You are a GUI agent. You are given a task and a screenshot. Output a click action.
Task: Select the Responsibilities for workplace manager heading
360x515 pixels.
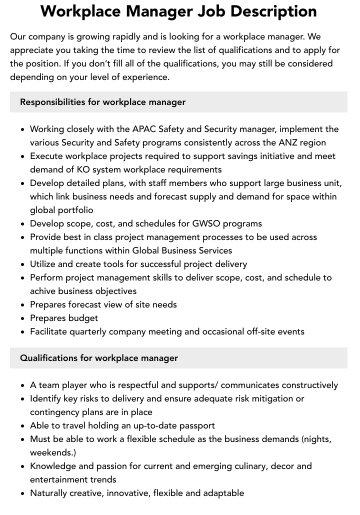[102, 102]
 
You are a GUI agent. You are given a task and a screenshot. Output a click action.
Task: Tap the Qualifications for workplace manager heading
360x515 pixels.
[99, 358]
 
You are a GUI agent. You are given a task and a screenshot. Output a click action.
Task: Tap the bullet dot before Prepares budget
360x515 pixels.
[23, 318]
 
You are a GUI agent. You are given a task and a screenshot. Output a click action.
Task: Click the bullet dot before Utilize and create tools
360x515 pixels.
[23, 264]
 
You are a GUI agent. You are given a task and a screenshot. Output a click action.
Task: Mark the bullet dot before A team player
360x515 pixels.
[23, 385]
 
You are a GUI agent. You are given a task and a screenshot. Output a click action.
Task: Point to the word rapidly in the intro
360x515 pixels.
[133, 37]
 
